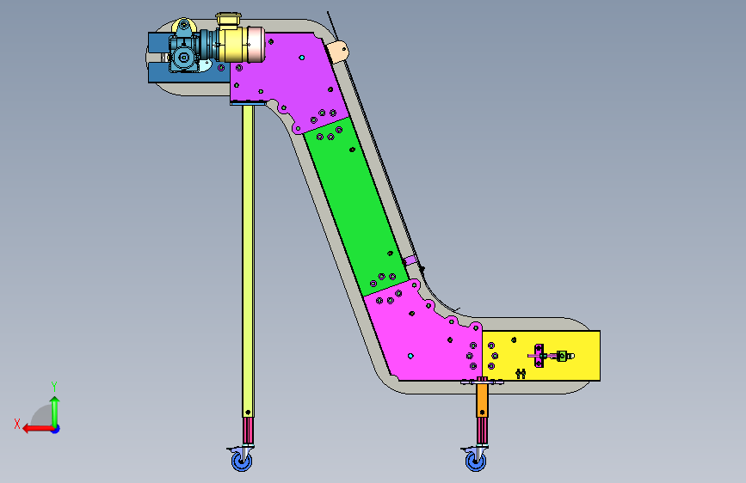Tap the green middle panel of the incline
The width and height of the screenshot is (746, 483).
click(x=356, y=206)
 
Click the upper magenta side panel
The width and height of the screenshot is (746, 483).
click(x=289, y=80)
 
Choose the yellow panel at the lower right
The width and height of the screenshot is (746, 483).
click(x=541, y=356)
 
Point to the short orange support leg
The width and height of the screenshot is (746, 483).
click(x=482, y=400)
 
